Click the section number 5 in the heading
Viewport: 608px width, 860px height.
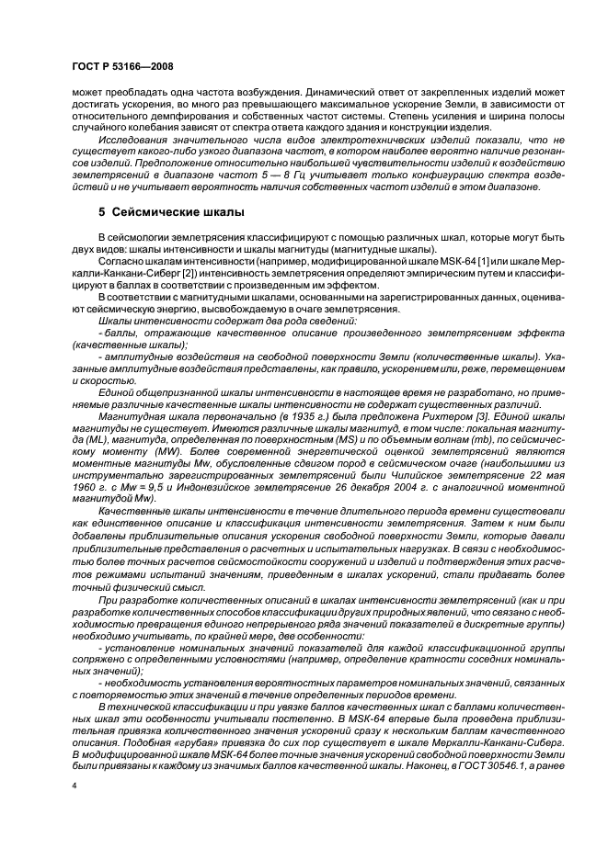pyautogui.click(x=103, y=211)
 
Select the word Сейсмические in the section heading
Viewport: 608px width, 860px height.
pyautogui.click(x=156, y=211)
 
